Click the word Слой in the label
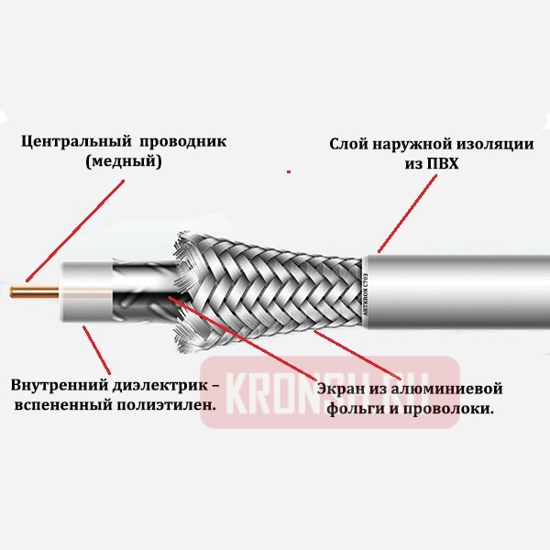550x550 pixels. tap(349, 145)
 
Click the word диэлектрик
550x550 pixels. tap(151, 382)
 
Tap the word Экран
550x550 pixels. tap(340, 389)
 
